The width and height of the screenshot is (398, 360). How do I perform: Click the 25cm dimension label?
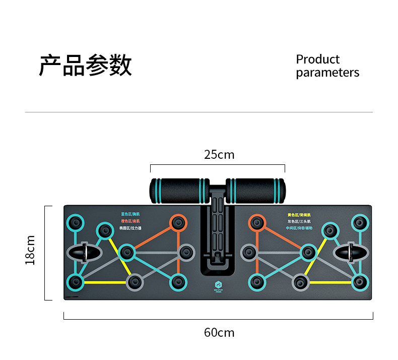pos(219,154)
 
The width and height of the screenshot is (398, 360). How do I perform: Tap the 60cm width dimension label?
pos(219,333)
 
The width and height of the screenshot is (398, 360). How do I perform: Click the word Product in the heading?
pos(317,59)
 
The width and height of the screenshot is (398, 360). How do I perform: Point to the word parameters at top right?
pos(327,73)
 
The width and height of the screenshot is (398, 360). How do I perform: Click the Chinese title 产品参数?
pos(85,65)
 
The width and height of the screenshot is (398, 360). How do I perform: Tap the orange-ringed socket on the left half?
pos(177,222)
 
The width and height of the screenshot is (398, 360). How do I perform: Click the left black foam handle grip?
pos(179,190)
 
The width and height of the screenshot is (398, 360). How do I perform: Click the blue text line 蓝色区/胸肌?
pos(130,214)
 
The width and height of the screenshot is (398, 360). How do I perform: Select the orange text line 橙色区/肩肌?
pos(130,221)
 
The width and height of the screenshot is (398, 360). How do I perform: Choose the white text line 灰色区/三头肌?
pos(299,221)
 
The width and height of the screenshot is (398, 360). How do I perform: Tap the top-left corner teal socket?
pos(76,222)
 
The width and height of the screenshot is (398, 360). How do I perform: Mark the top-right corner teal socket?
pos(359,222)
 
